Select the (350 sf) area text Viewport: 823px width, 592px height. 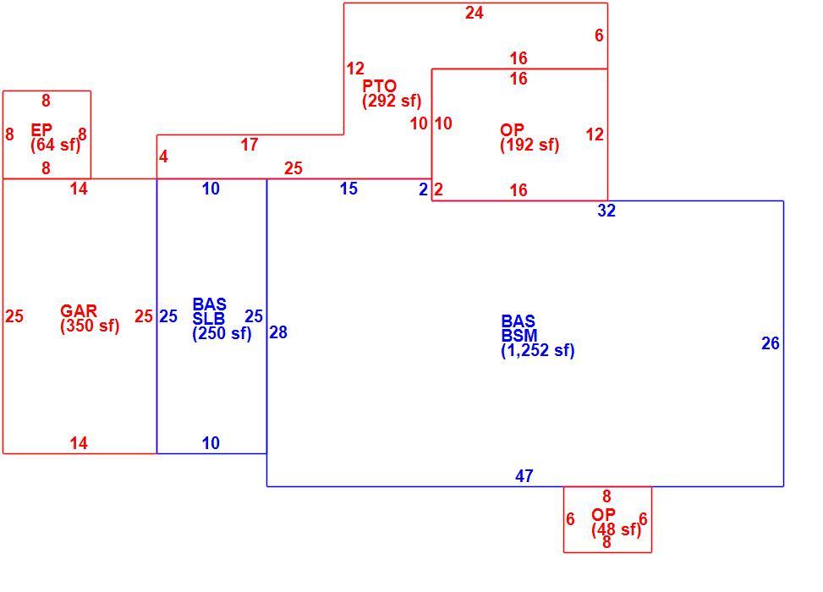point(90,326)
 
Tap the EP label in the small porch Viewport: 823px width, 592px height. point(41,129)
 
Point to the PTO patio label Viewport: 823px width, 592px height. point(380,85)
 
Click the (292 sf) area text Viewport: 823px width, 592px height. point(392,101)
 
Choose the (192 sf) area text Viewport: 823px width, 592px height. point(529,145)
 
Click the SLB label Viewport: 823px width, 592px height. point(208,319)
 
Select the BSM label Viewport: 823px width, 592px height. point(519,336)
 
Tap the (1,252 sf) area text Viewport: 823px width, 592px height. point(538,350)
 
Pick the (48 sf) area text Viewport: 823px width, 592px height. point(617,530)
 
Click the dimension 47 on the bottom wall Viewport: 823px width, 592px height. point(524,476)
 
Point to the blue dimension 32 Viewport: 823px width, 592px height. point(606,211)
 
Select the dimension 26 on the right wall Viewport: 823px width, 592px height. point(771,343)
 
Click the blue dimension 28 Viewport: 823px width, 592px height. point(278,332)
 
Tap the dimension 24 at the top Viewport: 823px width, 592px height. point(474,13)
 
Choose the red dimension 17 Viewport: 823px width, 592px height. point(250,145)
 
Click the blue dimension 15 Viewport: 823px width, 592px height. point(348,189)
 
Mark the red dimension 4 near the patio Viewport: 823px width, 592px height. point(163,156)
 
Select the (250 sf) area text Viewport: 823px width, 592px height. point(222,334)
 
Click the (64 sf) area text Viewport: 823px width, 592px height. point(56,145)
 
